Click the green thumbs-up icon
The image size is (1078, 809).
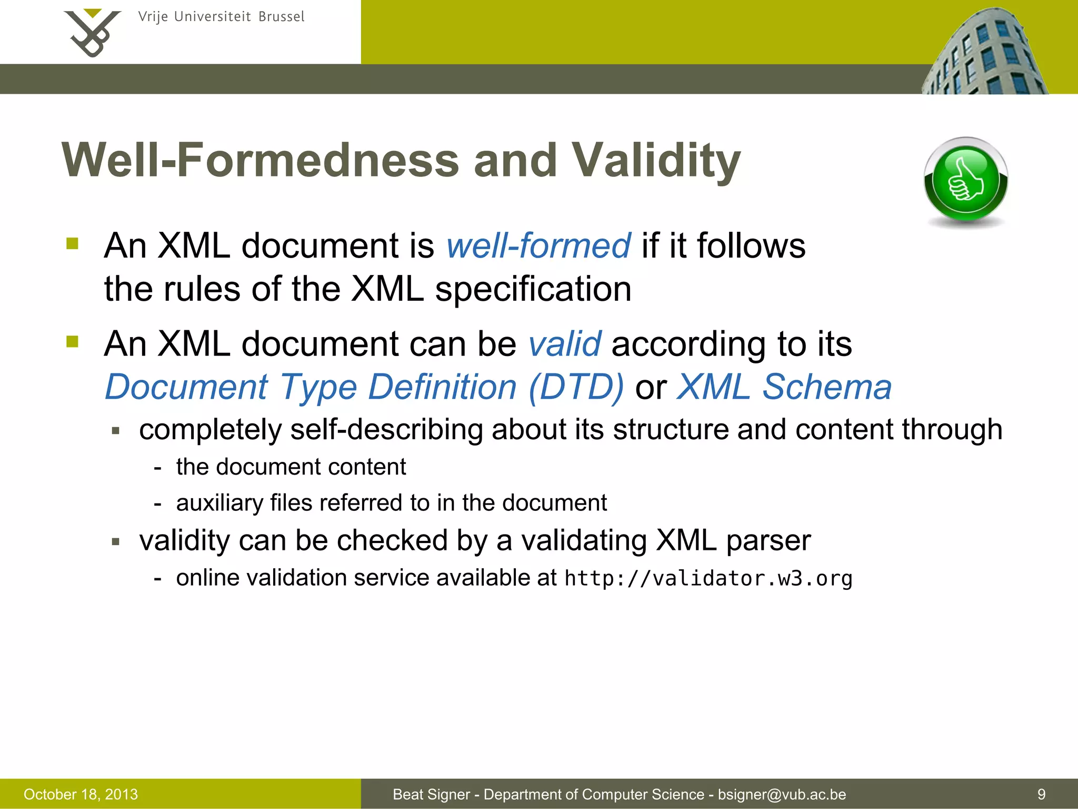[x=966, y=181]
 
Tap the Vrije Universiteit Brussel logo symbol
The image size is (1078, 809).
[x=92, y=33]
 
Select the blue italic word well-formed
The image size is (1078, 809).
[x=538, y=246]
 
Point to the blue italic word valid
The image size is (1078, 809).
[x=564, y=344]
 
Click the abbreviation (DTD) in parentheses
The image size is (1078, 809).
[x=576, y=387]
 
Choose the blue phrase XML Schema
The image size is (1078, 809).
[x=784, y=387]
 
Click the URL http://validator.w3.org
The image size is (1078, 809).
[x=708, y=578]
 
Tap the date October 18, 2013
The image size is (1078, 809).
[x=81, y=794]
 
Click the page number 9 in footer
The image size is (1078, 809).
[x=1041, y=794]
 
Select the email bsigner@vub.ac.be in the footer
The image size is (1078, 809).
[x=782, y=794]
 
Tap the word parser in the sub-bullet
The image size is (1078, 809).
[x=768, y=540]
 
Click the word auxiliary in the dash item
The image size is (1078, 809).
[x=219, y=503]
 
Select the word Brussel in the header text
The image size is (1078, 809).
[x=281, y=17]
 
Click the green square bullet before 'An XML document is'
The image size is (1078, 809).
[x=72, y=244]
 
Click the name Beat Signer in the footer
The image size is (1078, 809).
[x=431, y=794]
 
